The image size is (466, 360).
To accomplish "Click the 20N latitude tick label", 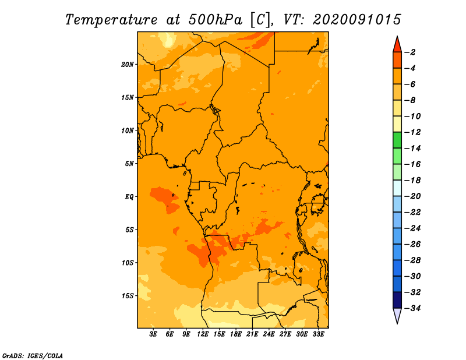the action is tap(128, 65).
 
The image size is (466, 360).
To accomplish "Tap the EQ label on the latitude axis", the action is tap(129, 197).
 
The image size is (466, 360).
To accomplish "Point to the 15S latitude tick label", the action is tap(128, 296).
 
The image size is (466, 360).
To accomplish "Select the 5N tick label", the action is tap(129, 164).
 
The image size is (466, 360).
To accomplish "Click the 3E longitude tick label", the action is tap(153, 334).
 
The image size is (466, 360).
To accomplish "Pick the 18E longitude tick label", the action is tap(236, 334).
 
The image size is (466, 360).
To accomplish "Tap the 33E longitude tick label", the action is tap(318, 334).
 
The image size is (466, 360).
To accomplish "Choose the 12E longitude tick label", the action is tap(203, 334).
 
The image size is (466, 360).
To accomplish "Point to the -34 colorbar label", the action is tap(412, 308).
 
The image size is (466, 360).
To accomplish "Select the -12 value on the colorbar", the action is tap(412, 132).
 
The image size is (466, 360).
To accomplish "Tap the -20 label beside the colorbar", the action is tap(412, 196).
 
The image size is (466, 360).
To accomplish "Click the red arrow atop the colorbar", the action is tap(397, 45).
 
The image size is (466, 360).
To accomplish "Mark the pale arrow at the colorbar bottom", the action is tap(397, 315).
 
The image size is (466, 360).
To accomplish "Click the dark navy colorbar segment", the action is tap(397, 300).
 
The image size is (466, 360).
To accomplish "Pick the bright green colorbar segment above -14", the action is tap(397, 140).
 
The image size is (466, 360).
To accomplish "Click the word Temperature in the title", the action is tap(111, 20).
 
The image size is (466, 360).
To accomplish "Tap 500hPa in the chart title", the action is tap(216, 20).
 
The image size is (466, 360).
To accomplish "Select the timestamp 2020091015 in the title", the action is tap(357, 20).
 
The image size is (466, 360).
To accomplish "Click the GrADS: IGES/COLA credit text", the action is tap(33, 356).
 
